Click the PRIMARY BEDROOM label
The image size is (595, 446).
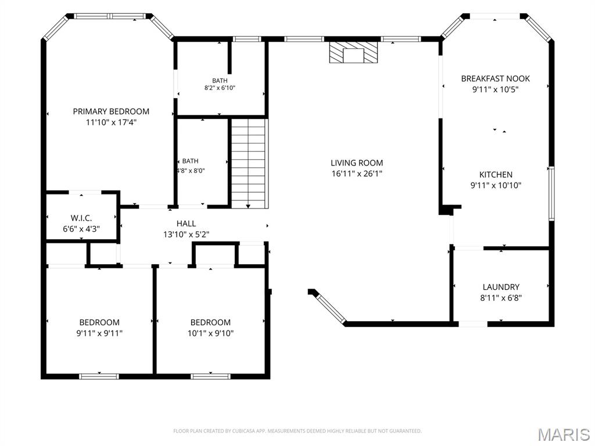coord(111,111)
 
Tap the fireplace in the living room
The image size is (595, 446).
coord(353,52)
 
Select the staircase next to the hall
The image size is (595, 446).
coord(248,163)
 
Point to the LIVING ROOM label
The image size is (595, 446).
coord(357,163)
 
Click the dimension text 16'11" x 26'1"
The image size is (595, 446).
coord(357,174)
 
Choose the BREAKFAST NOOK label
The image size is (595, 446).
coord(496,78)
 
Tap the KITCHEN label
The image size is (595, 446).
coord(496,175)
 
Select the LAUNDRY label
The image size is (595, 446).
coord(501,287)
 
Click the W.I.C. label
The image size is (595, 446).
coord(81,218)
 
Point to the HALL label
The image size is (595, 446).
coord(187,224)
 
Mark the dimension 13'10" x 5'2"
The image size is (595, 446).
coord(187,235)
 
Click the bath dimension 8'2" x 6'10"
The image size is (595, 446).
coord(220,88)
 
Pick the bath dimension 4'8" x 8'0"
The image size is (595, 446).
coord(191,171)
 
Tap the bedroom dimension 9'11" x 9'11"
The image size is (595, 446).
coord(99,333)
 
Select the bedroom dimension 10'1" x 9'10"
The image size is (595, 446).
coord(210,333)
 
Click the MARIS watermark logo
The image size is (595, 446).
coord(564,434)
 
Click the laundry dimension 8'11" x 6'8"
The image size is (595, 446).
coord(501,298)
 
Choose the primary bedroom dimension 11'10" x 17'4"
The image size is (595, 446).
coord(111,123)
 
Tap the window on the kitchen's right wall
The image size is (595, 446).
coord(552,193)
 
